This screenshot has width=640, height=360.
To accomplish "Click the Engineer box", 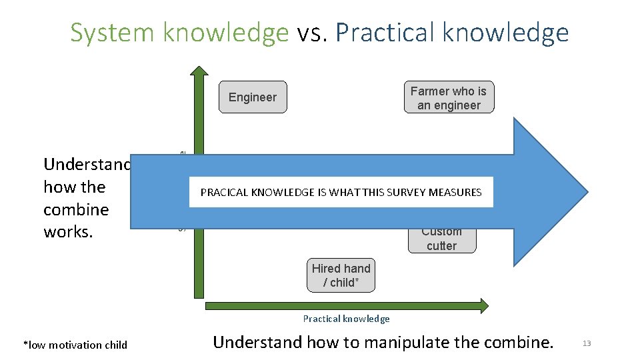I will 253,97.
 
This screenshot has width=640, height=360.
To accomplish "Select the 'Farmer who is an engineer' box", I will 449,98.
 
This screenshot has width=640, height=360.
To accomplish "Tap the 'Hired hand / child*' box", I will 341,275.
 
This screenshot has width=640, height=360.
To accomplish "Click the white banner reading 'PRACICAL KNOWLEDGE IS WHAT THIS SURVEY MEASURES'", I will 341,192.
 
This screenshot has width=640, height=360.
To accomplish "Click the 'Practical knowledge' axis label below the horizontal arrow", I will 346,319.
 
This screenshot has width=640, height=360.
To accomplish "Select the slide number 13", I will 587,343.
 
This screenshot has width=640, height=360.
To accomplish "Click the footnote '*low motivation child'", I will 75,345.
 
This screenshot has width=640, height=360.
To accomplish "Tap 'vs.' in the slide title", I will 313,32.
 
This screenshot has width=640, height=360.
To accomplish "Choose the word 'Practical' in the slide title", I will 387,32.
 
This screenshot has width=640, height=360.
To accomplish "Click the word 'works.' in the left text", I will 65,232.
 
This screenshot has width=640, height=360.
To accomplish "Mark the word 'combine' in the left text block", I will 75,209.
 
